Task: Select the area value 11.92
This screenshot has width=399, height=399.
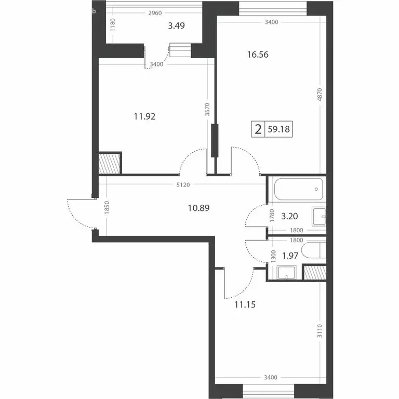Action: point(145,117)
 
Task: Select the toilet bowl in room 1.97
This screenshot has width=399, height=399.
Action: point(314,252)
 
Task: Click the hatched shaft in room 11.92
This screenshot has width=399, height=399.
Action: point(110,162)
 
